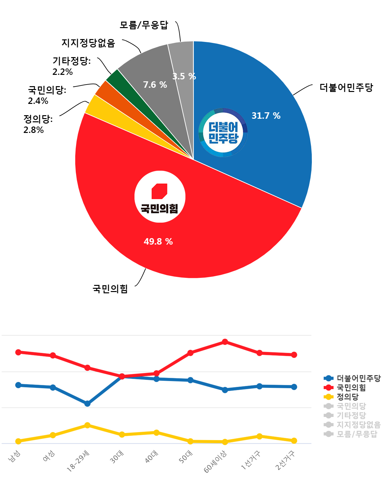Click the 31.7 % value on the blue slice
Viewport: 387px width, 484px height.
click(266, 116)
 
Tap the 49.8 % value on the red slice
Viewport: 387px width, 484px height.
click(158, 241)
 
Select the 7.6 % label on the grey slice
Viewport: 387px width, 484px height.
click(155, 85)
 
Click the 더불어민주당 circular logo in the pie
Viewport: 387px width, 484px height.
click(223, 133)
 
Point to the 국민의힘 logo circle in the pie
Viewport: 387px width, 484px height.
click(160, 197)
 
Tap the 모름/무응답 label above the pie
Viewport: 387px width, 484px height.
click(144, 25)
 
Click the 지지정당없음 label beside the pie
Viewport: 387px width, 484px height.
click(88, 43)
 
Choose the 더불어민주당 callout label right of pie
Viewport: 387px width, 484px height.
click(346, 87)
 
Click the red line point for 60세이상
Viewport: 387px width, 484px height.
click(225, 342)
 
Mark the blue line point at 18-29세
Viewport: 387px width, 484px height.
click(87, 404)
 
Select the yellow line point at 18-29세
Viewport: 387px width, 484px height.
click(87, 425)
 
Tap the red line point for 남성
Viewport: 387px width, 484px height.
click(18, 352)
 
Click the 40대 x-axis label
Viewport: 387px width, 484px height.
click(151, 457)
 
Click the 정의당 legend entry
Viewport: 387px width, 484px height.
click(347, 397)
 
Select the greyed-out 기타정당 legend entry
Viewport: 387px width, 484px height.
click(351, 415)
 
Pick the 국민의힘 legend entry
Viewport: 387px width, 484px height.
click(351, 387)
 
